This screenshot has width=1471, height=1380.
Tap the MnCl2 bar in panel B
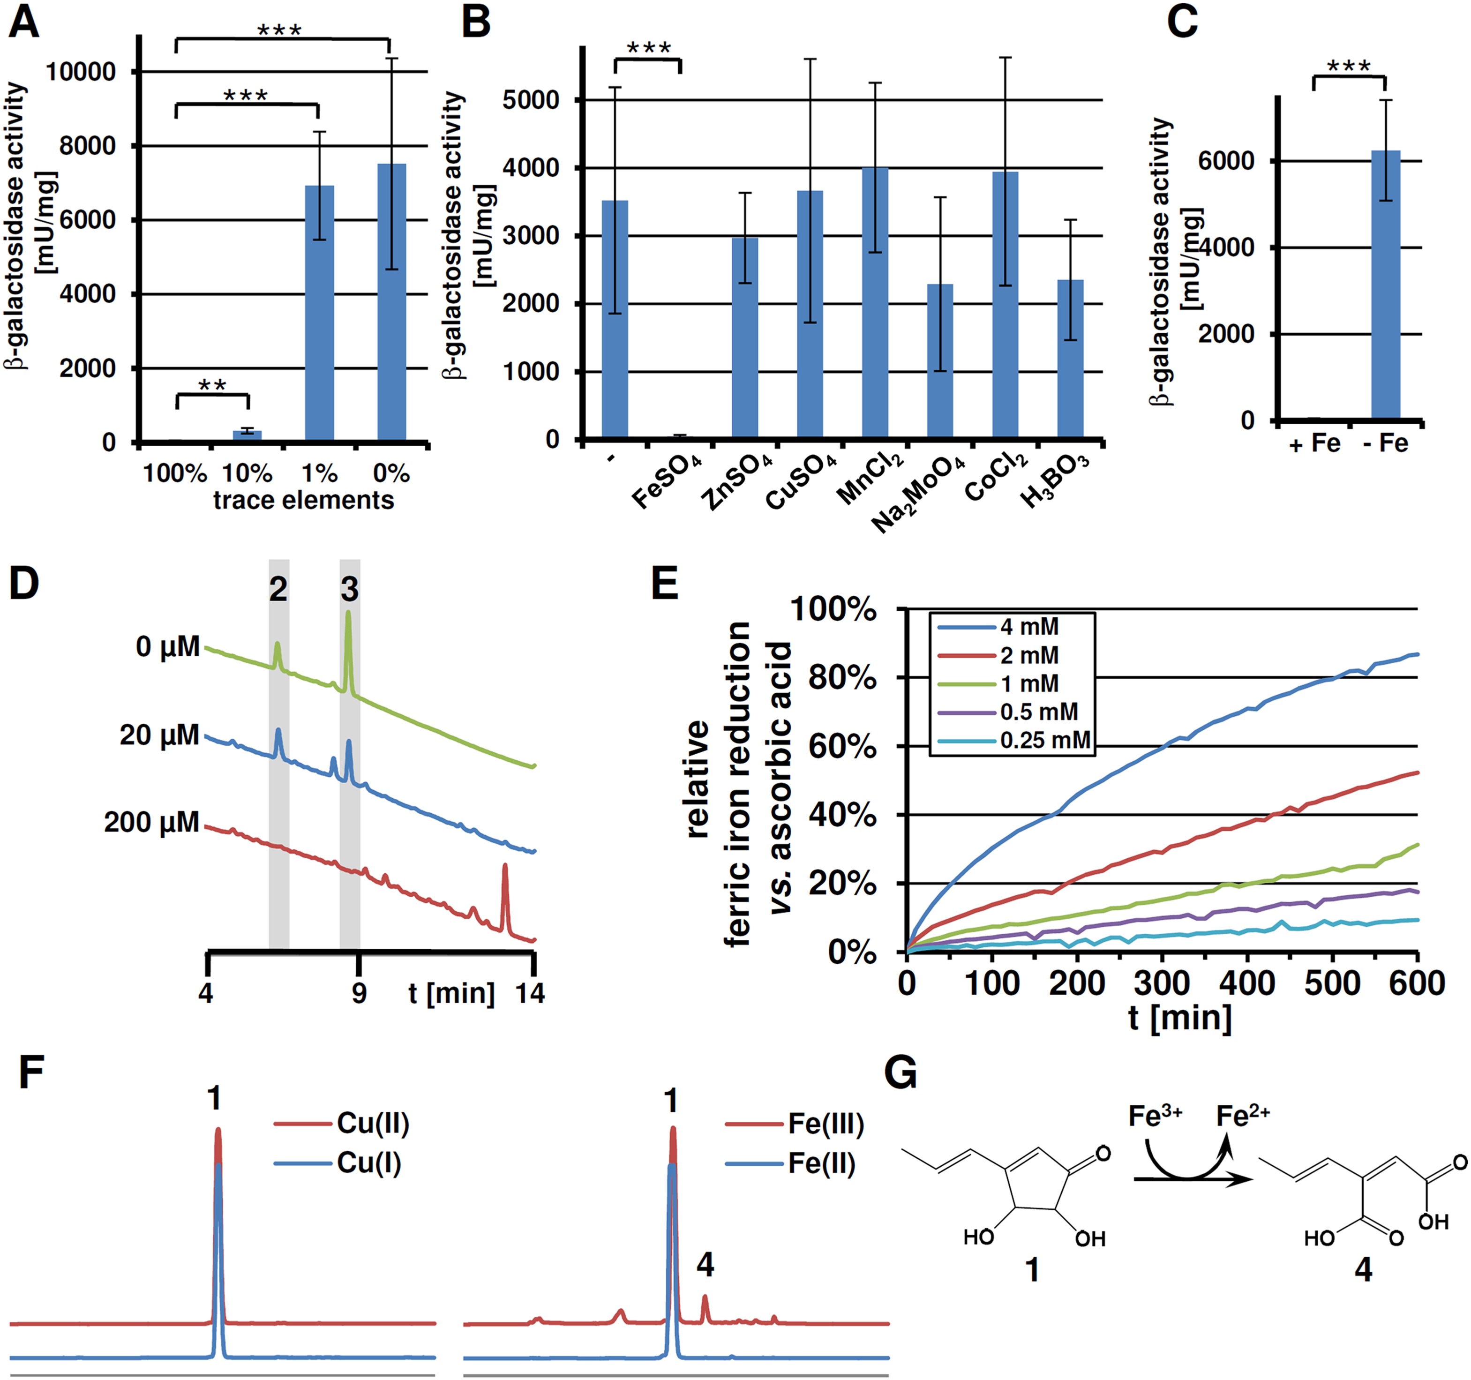(875, 303)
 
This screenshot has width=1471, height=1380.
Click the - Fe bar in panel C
(1385, 285)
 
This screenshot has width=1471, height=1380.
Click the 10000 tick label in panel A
(82, 72)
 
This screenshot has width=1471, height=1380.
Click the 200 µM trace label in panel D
(152, 822)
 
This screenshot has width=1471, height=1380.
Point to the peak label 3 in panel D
(349, 590)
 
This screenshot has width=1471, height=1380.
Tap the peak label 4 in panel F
(705, 1265)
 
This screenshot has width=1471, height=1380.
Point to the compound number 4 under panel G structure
(1363, 1270)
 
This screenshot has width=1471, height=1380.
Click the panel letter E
(664, 585)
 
